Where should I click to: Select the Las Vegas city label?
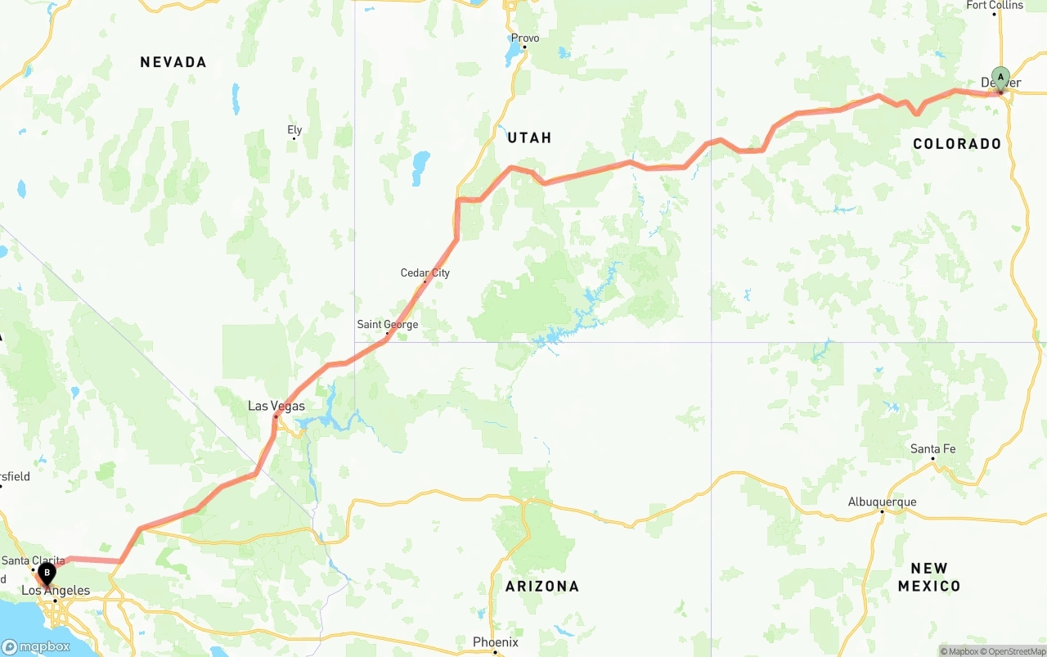coord(276,406)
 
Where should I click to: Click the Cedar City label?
coord(425,272)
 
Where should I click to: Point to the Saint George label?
coord(387,324)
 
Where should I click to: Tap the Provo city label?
coord(525,38)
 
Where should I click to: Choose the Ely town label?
coord(294,129)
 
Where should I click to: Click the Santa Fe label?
coord(932,448)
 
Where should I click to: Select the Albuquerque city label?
coord(882,502)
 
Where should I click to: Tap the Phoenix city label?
coord(495,642)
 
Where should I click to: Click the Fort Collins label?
coord(994,5)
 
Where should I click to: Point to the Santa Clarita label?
coord(33,560)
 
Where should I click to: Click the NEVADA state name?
coord(173,62)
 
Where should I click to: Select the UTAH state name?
coord(529,137)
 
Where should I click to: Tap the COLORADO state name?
coord(957,144)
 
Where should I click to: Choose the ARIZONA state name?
coord(541,586)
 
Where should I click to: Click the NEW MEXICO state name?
coord(928,577)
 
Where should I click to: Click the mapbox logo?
coord(36,646)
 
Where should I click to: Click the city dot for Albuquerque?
coord(882,512)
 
